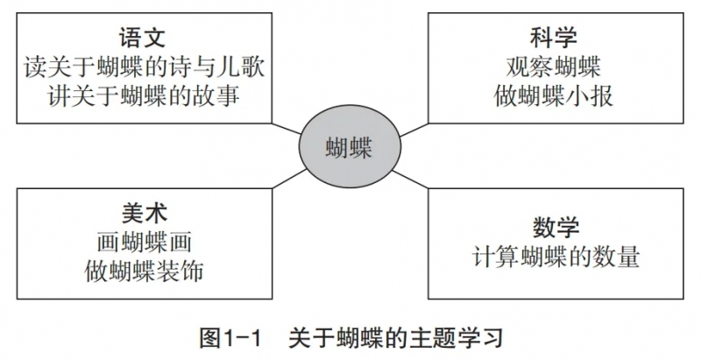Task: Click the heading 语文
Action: (x=143, y=37)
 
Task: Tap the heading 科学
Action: (x=554, y=37)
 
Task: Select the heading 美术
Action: (x=145, y=213)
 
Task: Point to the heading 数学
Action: (x=556, y=228)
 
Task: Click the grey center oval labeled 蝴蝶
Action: (x=350, y=146)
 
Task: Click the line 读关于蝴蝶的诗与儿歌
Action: (x=144, y=67)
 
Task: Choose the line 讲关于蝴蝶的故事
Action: (x=144, y=95)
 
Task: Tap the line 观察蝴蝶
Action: (x=554, y=67)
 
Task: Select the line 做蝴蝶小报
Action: (x=554, y=95)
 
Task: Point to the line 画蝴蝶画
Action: (x=145, y=243)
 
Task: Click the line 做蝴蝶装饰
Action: (x=145, y=271)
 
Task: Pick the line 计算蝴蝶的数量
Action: (x=556, y=257)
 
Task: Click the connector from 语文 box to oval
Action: (x=287, y=128)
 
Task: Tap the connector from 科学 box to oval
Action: (x=414, y=130)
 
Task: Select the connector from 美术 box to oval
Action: (x=290, y=179)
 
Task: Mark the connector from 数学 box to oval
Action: (x=410, y=179)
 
